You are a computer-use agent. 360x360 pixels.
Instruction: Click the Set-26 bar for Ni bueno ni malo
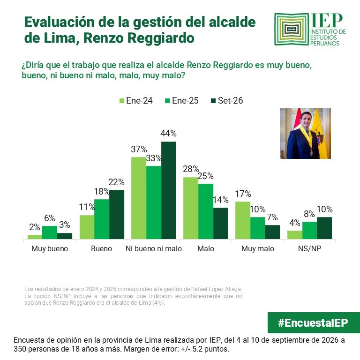coord(169,190)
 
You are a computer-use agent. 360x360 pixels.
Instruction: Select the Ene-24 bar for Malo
coord(191,208)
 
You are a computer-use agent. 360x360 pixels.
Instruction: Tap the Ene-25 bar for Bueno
coord(102,219)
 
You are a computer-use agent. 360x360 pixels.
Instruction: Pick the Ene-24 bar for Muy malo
coord(243,220)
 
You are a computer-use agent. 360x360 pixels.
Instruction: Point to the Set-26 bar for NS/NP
coord(324,228)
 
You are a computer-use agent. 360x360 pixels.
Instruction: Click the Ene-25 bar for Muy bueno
coord(50,232)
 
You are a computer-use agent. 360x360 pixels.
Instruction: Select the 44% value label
coord(169,134)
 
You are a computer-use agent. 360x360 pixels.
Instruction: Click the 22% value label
coord(116,182)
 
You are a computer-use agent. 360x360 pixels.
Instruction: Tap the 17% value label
coord(243,194)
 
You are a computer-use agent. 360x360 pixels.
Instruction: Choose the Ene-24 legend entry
coord(136,101)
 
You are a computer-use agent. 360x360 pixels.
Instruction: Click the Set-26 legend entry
coord(227,101)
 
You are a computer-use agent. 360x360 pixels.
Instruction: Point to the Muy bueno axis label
coord(50,248)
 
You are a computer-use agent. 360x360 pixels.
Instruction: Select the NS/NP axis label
coord(309,248)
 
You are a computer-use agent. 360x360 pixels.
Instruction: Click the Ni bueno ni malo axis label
coord(154,248)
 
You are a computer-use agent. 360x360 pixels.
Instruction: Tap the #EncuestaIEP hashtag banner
coord(314,322)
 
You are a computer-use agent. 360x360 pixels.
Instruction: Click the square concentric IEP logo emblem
coord(292,29)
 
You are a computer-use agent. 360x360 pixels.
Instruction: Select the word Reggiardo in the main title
coord(161,38)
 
